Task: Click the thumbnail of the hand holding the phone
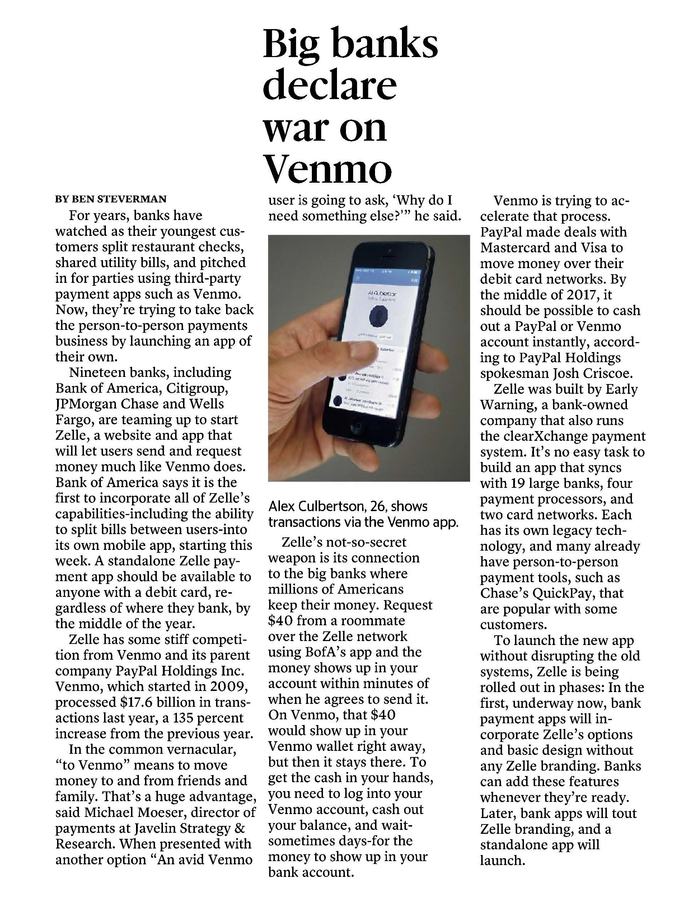369,357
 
